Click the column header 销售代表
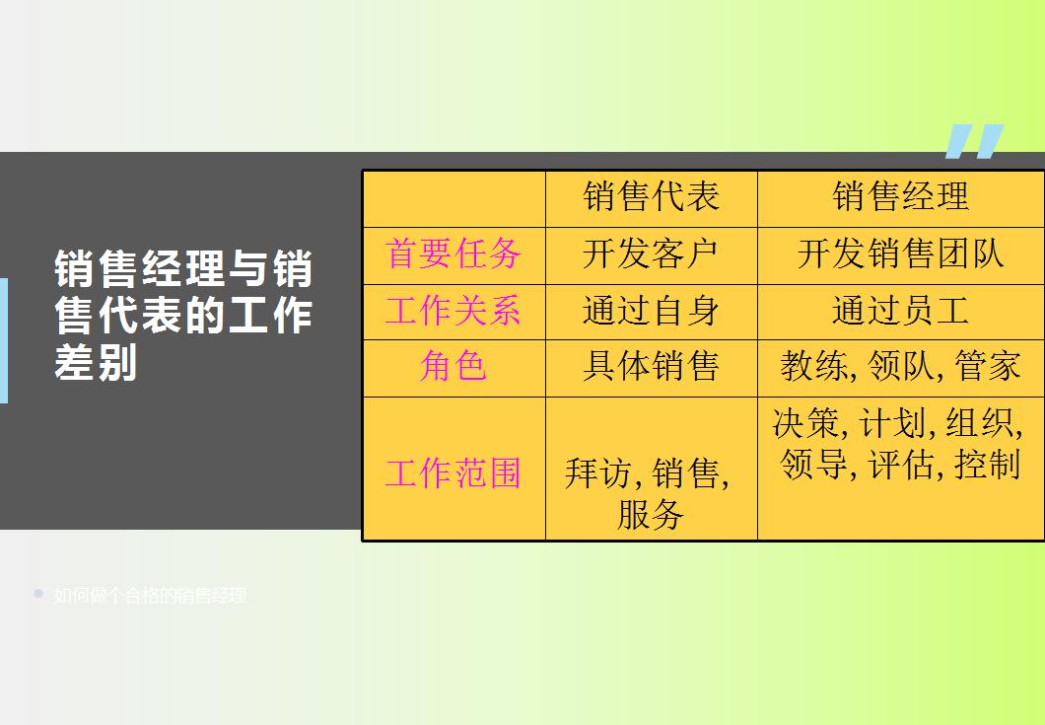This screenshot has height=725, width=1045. click(651, 197)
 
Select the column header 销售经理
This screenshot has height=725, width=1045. click(900, 197)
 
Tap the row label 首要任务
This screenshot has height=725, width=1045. click(453, 254)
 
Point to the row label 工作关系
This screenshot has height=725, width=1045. click(453, 312)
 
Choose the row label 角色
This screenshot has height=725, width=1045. click(453, 367)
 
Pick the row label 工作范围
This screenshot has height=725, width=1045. click(453, 473)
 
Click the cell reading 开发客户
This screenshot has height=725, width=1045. click(651, 254)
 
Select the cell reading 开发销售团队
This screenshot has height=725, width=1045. click(900, 254)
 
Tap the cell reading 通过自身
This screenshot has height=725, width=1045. click(651, 312)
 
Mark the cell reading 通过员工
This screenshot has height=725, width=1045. click(900, 312)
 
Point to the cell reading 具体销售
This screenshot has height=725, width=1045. click(651, 367)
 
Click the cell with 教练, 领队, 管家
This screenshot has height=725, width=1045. click(900, 367)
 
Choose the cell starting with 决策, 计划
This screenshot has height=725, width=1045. click(897, 444)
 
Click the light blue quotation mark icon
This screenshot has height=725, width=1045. click(973, 141)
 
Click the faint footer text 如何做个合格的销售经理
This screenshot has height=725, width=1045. click(150, 596)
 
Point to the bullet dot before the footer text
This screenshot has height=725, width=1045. click(38, 594)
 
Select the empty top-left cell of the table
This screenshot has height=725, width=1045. click(453, 198)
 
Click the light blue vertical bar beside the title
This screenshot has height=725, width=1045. click(3, 340)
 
